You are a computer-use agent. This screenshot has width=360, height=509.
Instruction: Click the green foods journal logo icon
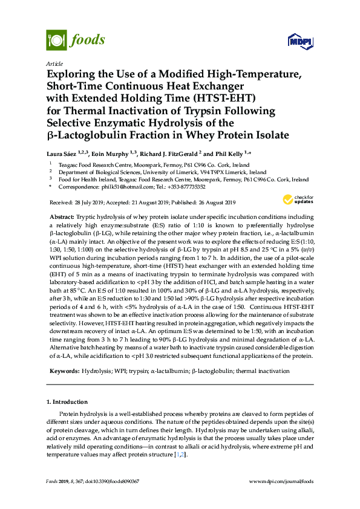click(x=56, y=41)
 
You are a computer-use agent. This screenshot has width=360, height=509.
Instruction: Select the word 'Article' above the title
click(x=54, y=63)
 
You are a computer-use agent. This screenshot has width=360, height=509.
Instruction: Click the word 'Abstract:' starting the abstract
click(x=62, y=216)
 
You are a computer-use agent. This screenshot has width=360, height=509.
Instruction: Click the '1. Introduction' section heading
click(x=67, y=401)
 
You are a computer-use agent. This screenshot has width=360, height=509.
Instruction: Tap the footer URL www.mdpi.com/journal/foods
click(x=281, y=481)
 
